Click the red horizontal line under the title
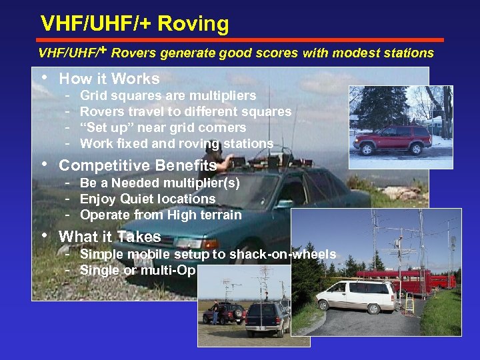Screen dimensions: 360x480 pyautogui.click(x=240, y=40)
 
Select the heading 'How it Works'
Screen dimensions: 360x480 pyautogui.click(x=109, y=79)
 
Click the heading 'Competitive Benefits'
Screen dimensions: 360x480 pyautogui.click(x=137, y=165)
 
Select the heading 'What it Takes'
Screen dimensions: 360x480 pyautogui.click(x=110, y=237)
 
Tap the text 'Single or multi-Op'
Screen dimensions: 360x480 pyautogui.click(x=137, y=270)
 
